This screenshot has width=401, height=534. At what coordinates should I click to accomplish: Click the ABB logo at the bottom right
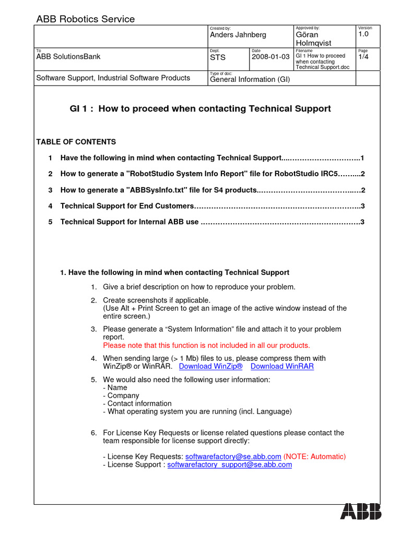pos(361,512)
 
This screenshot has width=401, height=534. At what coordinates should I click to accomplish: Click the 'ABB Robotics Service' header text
pos(85,19)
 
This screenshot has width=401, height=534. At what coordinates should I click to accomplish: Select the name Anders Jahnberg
pos(238,35)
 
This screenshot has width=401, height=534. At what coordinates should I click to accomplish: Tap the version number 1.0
pos(364,34)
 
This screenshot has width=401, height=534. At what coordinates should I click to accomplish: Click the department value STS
pos(218,57)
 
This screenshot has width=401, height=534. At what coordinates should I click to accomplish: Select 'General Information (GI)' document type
pos(250,79)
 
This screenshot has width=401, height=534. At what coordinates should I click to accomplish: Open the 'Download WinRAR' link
pos(282,366)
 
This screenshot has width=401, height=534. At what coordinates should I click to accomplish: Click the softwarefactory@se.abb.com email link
pos(233,456)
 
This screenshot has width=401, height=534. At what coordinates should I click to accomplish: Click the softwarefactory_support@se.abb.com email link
pos(229,465)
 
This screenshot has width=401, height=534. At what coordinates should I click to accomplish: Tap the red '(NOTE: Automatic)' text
pos(315,456)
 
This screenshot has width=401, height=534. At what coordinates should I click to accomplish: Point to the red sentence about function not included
pos(206,345)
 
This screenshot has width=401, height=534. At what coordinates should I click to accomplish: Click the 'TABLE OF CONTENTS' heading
pos(76,142)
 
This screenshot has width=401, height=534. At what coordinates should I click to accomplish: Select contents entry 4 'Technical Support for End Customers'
pos(127,206)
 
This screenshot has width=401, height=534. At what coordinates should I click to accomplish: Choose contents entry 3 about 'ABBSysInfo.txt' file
pos(158,190)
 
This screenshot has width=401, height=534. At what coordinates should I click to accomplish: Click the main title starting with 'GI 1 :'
pos(200,109)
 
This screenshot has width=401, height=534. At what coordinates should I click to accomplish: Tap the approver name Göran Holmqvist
pos(313,39)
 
